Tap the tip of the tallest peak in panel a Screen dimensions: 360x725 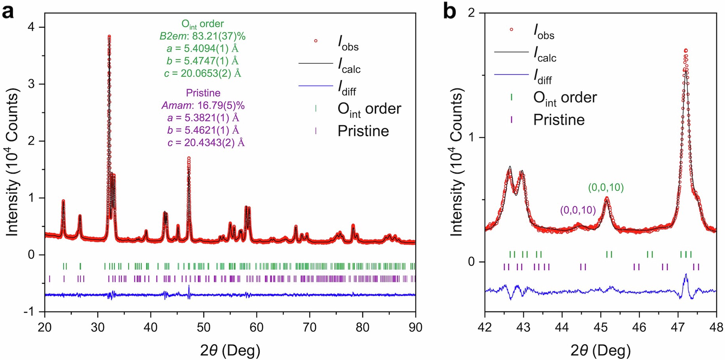pyautogui.click(x=109, y=36)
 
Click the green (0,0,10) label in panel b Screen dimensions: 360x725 pyautogui.click(x=605, y=187)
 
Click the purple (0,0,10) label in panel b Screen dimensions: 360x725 pyautogui.click(x=578, y=210)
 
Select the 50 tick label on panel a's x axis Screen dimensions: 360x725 pyautogui.click(x=204, y=328)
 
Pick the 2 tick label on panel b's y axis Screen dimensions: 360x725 pyautogui.click(x=471, y=13)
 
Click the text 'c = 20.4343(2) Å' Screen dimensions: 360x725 pyautogui.click(x=206, y=142)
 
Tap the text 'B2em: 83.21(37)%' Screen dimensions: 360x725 pyautogui.click(x=202, y=36)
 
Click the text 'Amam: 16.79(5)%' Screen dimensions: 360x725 pyautogui.click(x=203, y=105)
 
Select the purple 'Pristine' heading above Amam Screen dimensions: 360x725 pyautogui.click(x=203, y=93)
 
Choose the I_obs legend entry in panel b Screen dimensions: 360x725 pyautogui.click(x=543, y=31)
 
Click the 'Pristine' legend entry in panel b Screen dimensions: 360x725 pyautogui.click(x=559, y=120)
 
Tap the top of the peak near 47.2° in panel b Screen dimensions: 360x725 pyautogui.click(x=685, y=50)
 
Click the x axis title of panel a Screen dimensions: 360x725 pyautogui.click(x=230, y=350)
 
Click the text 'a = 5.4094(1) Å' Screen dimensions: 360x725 pyautogui.click(x=202, y=48)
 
